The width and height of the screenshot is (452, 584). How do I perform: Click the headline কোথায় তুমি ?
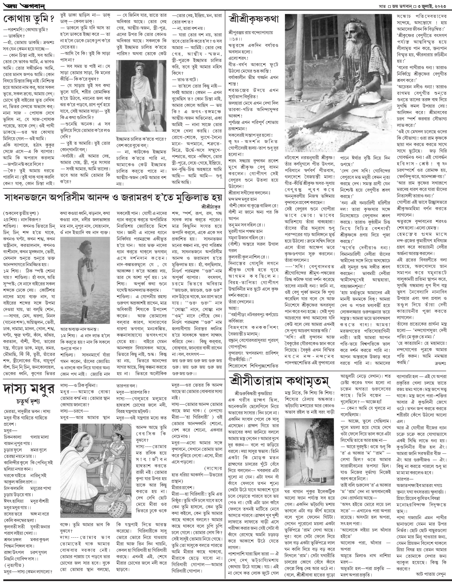[x=29, y=20]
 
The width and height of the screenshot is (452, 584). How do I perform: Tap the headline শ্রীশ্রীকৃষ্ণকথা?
[x=254, y=20]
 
